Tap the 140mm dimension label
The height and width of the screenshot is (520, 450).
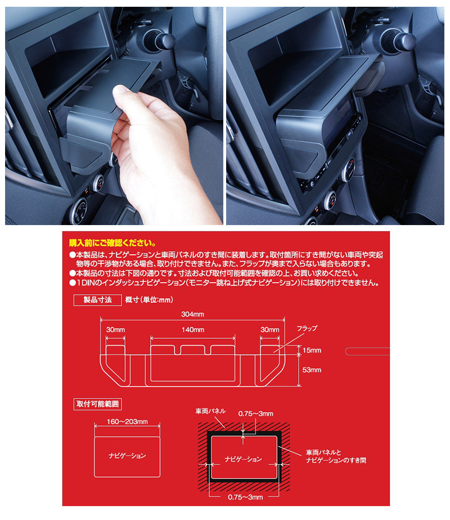[x=192, y=330]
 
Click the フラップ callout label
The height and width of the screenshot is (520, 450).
[x=307, y=328]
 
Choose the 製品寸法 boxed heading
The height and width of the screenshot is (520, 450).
[x=97, y=301]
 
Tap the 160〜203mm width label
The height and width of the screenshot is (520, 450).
[x=127, y=421]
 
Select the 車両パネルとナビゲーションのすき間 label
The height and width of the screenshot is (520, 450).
[x=336, y=456]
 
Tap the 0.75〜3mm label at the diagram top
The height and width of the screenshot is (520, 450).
[x=255, y=414]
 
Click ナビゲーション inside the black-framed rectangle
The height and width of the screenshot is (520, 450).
[x=242, y=459]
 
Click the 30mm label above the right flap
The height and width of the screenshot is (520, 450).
[x=270, y=330]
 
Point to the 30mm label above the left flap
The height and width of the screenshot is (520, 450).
[x=115, y=330]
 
